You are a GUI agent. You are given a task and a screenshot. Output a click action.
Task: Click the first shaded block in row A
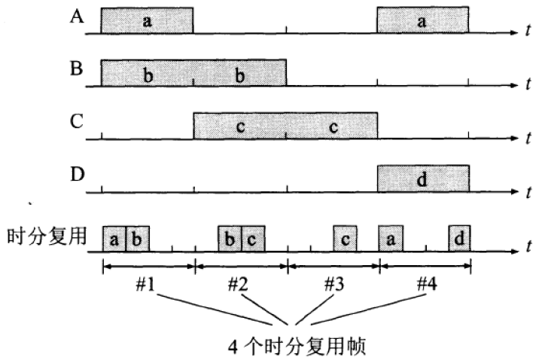point(148,21)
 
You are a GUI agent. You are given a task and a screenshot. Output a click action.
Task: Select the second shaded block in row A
point(422,21)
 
